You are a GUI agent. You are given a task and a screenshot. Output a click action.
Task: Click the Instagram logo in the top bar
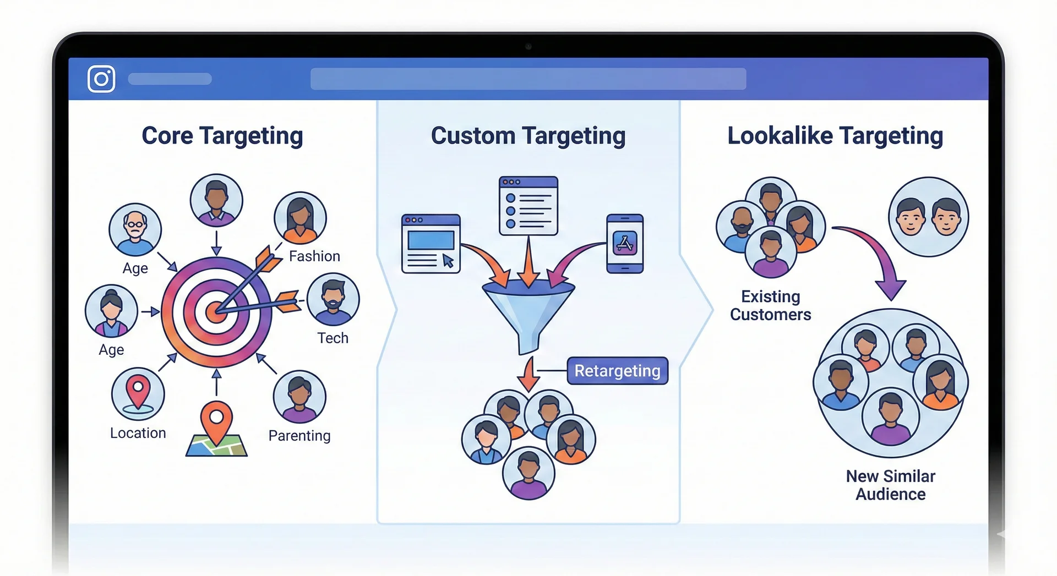pos(101,79)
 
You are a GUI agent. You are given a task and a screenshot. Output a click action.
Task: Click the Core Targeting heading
pos(222,136)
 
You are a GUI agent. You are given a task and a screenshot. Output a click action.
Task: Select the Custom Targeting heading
pos(528,136)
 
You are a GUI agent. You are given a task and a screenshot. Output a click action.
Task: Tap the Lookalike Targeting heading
pos(835,136)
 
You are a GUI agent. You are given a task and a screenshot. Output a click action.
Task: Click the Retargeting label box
pos(617,371)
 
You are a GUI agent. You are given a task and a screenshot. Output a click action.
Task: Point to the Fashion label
pos(314,256)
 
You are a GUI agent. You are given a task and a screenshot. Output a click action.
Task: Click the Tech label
pos(333,338)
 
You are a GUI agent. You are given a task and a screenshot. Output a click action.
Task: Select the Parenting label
pos(299,436)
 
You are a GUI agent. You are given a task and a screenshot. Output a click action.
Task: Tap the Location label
pos(138,434)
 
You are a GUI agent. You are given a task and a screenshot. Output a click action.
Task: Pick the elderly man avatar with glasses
pos(135,229)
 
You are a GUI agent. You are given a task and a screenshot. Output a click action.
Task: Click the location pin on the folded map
pos(216,421)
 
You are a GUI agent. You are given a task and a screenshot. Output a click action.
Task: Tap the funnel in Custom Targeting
pos(528,314)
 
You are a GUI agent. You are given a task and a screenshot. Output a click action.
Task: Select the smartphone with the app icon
pos(625,244)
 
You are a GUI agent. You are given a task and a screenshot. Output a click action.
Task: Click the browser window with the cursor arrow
pos(431,244)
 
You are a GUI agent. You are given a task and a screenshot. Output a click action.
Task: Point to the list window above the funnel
pos(528,206)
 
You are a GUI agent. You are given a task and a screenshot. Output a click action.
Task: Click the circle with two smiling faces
pos(928,217)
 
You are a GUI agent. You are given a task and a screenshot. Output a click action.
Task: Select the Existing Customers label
pos(770,305)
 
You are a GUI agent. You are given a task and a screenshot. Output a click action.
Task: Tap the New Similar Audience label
pos(890,485)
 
